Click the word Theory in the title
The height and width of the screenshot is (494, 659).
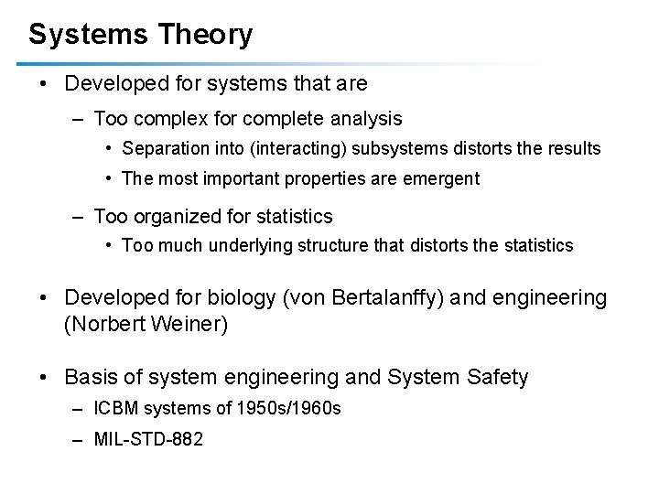[x=205, y=35]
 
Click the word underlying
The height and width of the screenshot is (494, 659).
[x=243, y=245]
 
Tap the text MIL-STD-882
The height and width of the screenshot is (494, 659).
[x=148, y=439]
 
